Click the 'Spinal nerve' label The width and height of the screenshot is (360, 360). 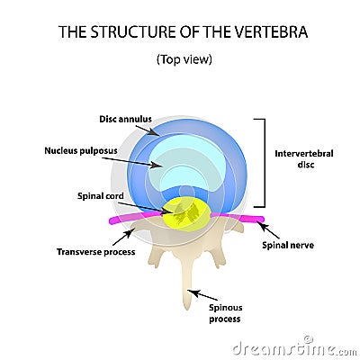(x=290, y=244)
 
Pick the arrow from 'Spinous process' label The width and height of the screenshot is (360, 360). (x=204, y=293)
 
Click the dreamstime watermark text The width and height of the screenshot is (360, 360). (x=292, y=346)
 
